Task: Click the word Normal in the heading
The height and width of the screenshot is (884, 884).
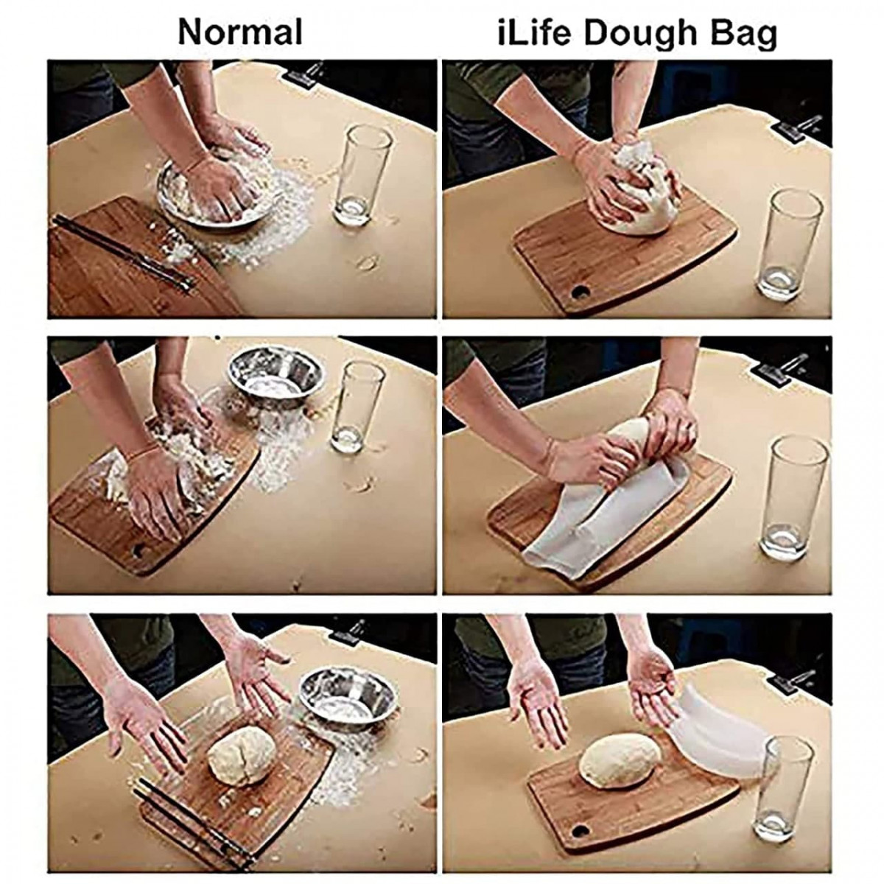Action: click(240, 32)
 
